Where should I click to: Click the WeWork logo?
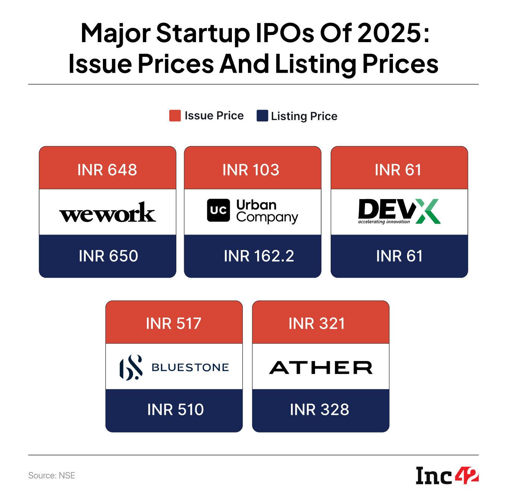107,213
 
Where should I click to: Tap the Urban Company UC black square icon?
218,211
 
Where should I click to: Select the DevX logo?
399,211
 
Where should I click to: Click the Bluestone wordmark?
190,368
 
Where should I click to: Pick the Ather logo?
321,368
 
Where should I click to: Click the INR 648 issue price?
107,170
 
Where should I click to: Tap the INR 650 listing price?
108,256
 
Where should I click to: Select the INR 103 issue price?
251,170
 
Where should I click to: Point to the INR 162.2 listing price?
259,256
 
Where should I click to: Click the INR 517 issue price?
174,324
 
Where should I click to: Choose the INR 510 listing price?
176,410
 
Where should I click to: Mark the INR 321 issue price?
317,324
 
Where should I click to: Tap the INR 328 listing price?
319,410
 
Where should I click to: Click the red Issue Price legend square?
175,116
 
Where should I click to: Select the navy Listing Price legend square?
262,116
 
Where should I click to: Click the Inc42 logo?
447,475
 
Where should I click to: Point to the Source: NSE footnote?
52,475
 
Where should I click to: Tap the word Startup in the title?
203,34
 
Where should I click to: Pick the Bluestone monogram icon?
130,368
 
